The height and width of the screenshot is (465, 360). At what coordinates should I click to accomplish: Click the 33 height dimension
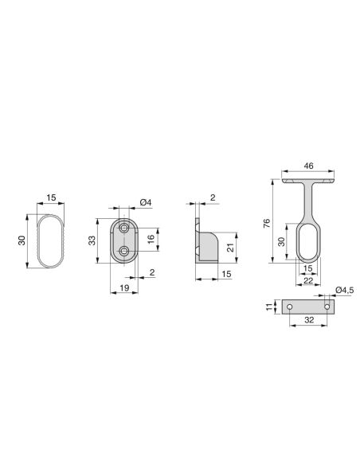point(92,240)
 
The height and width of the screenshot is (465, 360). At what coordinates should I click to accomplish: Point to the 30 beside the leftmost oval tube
point(23,240)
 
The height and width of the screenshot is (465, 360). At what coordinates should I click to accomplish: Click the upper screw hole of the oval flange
point(123,228)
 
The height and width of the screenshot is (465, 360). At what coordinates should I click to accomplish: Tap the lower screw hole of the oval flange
point(123,252)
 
